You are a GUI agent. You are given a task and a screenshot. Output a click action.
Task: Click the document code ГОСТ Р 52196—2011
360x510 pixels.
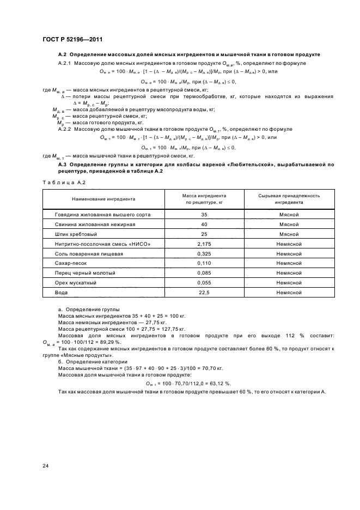click(72, 40)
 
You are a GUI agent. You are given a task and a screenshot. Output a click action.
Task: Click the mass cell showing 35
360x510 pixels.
click(204, 215)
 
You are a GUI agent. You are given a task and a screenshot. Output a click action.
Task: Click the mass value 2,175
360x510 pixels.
click(204, 244)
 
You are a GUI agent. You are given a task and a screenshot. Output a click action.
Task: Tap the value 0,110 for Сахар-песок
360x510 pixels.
click(204, 263)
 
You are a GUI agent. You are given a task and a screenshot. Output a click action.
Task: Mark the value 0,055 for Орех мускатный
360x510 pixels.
click(204, 282)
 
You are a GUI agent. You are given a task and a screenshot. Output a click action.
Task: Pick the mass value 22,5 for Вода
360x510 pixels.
click(204, 292)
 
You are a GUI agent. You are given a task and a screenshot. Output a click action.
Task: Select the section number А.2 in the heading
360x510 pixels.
click(62, 55)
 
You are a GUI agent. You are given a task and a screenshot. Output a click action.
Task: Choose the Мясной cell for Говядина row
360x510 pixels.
click(289, 215)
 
